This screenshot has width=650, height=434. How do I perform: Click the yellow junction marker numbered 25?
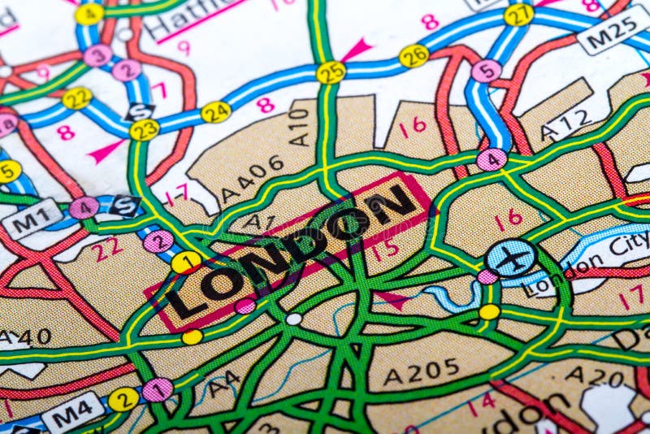pyautogui.click(x=331, y=72)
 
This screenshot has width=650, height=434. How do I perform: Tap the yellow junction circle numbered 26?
pyautogui.click(x=414, y=55)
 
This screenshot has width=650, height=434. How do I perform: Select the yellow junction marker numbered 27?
pyautogui.click(x=518, y=15)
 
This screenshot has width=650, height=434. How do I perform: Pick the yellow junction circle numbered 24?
pyautogui.click(x=216, y=112)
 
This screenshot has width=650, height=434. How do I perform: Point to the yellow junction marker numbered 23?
pyautogui.click(x=145, y=129)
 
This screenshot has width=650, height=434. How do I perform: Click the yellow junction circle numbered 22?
pyautogui.click(x=77, y=98)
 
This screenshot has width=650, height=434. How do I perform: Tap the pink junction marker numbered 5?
pyautogui.click(x=486, y=71)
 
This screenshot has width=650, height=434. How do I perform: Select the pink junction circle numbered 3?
pyautogui.click(x=98, y=55)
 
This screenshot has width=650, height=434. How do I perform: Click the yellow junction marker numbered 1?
pyautogui.click(x=186, y=262)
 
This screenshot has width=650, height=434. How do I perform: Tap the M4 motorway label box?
pyautogui.click(x=73, y=414)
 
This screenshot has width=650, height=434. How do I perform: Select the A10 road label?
pyautogui.click(x=300, y=127)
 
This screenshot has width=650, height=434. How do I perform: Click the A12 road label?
pyautogui.click(x=566, y=124)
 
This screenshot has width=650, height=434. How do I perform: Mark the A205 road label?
pyautogui.click(x=421, y=372)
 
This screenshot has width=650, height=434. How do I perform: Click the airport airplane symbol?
pyautogui.click(x=511, y=258)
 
